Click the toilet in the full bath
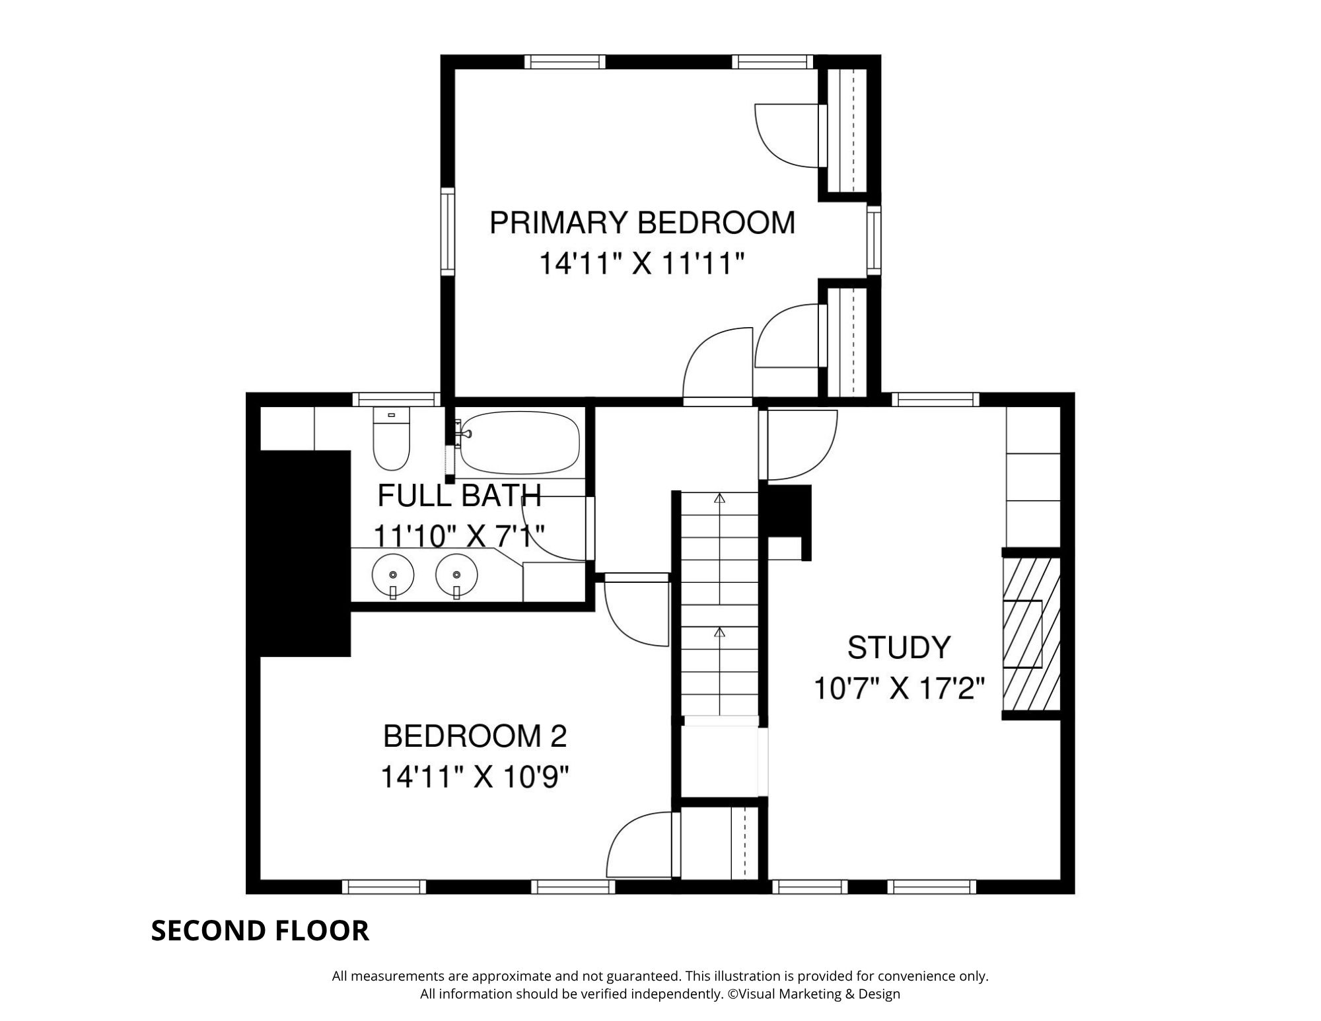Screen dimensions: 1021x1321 [x=392, y=439]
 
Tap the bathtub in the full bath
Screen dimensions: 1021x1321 [x=520, y=442]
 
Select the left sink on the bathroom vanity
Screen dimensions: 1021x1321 [x=392, y=576]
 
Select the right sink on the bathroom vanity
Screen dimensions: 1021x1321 [x=456, y=576]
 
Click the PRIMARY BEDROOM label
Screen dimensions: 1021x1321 [x=642, y=223]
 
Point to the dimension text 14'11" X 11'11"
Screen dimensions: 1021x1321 [x=642, y=264]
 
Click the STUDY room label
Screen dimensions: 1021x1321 [x=898, y=648]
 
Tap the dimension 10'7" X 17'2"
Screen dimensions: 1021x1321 [x=898, y=689]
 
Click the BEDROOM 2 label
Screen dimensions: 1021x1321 [x=475, y=736]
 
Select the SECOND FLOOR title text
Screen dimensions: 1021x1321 [x=260, y=930]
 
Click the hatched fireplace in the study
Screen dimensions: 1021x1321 [x=1031, y=634]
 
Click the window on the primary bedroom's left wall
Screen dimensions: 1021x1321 [x=448, y=231]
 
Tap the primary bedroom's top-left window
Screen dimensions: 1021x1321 [x=565, y=61]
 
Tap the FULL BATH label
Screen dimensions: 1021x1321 [x=460, y=496]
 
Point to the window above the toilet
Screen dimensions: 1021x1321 [x=396, y=399]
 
